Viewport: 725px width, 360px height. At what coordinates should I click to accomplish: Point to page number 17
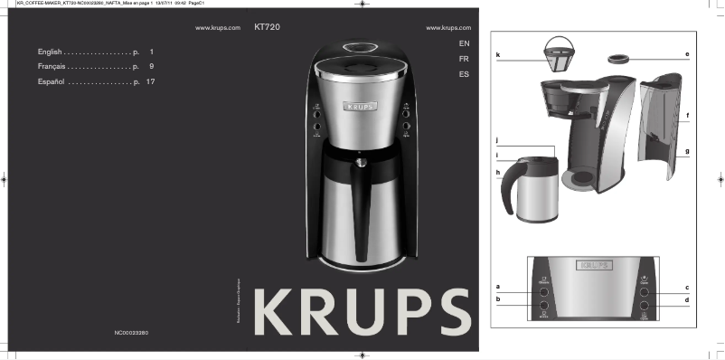tap(151, 81)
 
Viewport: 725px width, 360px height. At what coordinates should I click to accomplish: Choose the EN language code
tap(464, 43)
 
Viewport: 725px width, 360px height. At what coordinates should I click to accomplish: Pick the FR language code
tap(464, 59)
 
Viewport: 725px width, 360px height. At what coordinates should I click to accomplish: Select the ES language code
tap(464, 73)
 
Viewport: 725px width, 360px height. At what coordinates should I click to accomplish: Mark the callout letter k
tap(498, 56)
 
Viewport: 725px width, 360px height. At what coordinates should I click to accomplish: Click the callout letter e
tap(687, 56)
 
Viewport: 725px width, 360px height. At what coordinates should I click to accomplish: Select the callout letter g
tap(687, 151)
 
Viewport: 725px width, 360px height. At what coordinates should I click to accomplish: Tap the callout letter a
tap(498, 287)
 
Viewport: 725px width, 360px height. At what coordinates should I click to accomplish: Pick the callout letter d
tap(687, 299)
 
